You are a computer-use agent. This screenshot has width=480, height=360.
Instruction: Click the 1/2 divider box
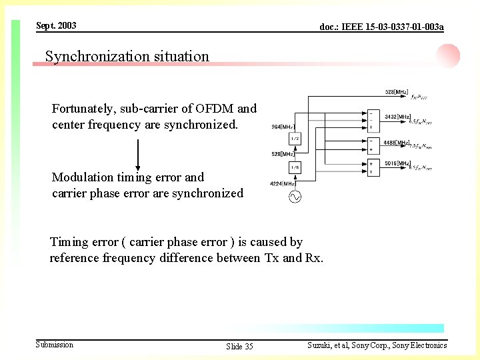click(295, 139)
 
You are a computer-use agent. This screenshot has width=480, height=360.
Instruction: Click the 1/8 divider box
click(295, 167)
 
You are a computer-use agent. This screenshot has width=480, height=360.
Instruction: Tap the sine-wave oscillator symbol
click(294, 196)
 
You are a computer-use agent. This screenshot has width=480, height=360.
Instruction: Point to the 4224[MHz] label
click(283, 183)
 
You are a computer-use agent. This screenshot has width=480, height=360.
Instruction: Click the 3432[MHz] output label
click(397, 117)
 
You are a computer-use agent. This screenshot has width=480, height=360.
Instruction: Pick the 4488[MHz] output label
click(397, 143)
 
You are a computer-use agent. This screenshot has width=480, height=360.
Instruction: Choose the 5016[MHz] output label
click(397, 163)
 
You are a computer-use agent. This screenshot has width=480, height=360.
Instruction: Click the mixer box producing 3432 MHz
click(373, 121)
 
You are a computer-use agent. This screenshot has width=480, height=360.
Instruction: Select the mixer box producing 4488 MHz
click(373, 145)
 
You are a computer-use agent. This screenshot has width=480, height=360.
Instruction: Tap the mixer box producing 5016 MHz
click(373, 168)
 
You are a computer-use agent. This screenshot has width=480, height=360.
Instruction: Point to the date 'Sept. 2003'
click(56, 25)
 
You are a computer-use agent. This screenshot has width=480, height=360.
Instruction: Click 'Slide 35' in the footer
click(239, 346)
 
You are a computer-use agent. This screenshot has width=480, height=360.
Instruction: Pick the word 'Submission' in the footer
click(55, 344)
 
